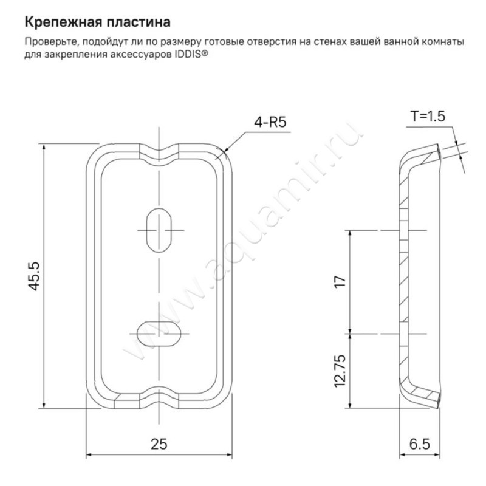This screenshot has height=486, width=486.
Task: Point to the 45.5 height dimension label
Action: click(x=35, y=276)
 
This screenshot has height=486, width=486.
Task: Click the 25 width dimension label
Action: click(x=159, y=444)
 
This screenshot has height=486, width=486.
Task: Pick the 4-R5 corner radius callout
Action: click(x=270, y=122)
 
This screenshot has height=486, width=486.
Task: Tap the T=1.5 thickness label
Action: click(x=428, y=116)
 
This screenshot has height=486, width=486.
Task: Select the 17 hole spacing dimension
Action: click(x=340, y=281)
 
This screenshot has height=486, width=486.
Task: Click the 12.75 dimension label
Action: click(x=340, y=371)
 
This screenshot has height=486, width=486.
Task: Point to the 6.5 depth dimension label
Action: click(x=420, y=444)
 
